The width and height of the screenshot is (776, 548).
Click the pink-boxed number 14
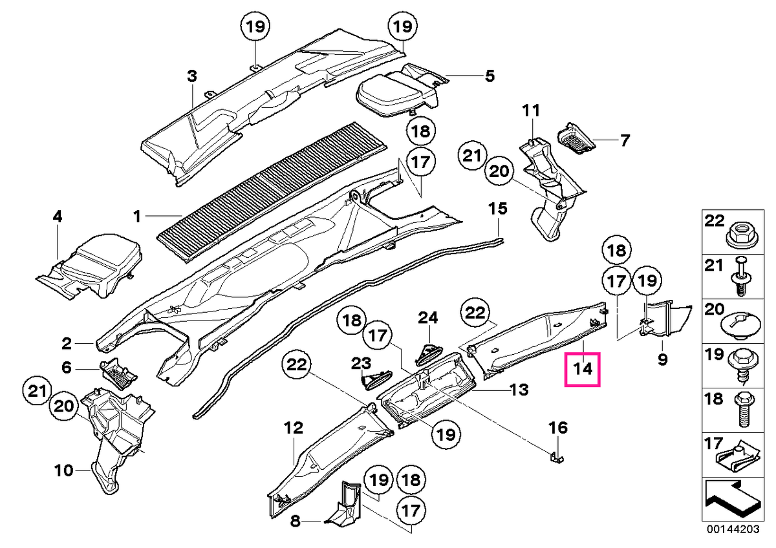pyautogui.click(x=583, y=369)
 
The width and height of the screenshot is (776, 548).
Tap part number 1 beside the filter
pyautogui.click(x=138, y=216)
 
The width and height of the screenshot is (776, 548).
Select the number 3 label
pyautogui.click(x=192, y=76)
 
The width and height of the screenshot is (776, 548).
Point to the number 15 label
pyautogui.click(x=498, y=209)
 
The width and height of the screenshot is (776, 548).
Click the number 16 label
pyautogui.click(x=559, y=428)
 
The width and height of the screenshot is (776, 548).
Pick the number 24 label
pyautogui.click(x=428, y=318)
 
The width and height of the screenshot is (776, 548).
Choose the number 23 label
pyautogui.click(x=361, y=363)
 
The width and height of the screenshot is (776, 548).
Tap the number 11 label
pyautogui.click(x=531, y=111)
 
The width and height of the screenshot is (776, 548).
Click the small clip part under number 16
pyautogui.click(x=557, y=457)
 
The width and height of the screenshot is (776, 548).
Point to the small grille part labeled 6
pyautogui.click(x=118, y=373)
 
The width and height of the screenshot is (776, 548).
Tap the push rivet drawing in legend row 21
pyautogui.click(x=741, y=280)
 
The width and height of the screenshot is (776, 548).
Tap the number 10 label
pyautogui.click(x=64, y=470)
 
